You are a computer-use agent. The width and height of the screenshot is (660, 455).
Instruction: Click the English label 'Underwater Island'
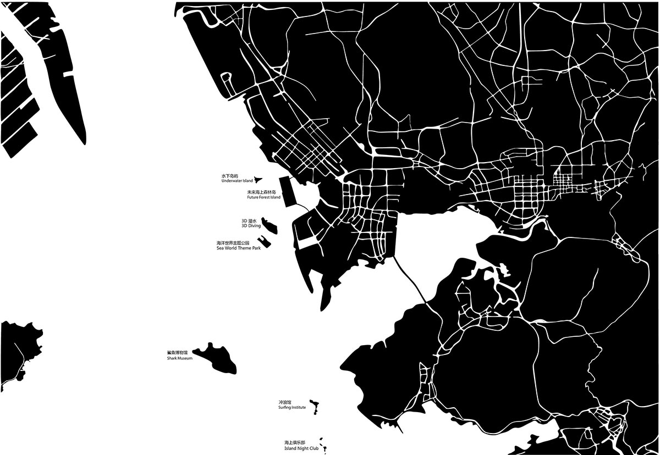pos(237,181)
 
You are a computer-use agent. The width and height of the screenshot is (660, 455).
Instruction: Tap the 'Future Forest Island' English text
pos(263,197)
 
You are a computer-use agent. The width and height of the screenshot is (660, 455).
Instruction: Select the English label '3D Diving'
pos(251,226)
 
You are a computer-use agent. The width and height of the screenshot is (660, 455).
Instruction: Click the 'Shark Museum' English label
pos(180,358)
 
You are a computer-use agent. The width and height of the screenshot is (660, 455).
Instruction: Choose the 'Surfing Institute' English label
pos(292,408)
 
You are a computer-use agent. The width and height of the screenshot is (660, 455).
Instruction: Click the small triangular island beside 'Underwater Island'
pos(257,179)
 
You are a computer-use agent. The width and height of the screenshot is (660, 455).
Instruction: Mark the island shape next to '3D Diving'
pos(269,225)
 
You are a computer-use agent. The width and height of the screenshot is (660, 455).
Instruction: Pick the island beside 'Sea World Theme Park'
pos(265,242)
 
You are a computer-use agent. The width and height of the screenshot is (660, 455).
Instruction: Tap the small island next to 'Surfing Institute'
pos(315,407)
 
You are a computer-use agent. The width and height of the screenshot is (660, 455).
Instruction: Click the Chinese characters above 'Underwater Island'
pos(228,176)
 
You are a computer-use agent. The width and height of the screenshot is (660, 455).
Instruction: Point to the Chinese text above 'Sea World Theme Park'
pos(233,243)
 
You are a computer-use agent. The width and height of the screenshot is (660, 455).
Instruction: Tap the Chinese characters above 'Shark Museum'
pos(177,353)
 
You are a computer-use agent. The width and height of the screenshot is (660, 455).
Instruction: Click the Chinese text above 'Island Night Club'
pos(294,442)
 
